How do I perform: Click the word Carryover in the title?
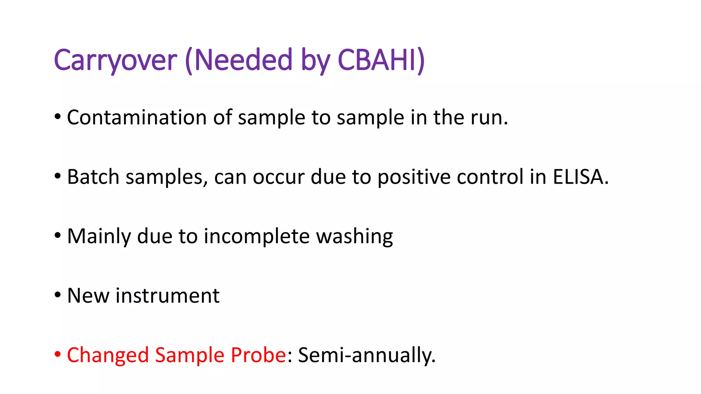point(115,61)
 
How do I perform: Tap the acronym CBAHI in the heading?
point(377,61)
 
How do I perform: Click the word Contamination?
point(137,117)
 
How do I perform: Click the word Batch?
point(93,177)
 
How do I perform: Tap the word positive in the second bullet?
point(413,177)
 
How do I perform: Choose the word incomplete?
point(256,236)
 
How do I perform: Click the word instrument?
point(167,295)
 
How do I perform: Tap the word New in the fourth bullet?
point(88,295)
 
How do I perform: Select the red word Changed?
point(107,355)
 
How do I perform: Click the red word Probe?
point(258,355)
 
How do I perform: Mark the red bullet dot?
point(58,354)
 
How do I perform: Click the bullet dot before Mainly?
point(58,236)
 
